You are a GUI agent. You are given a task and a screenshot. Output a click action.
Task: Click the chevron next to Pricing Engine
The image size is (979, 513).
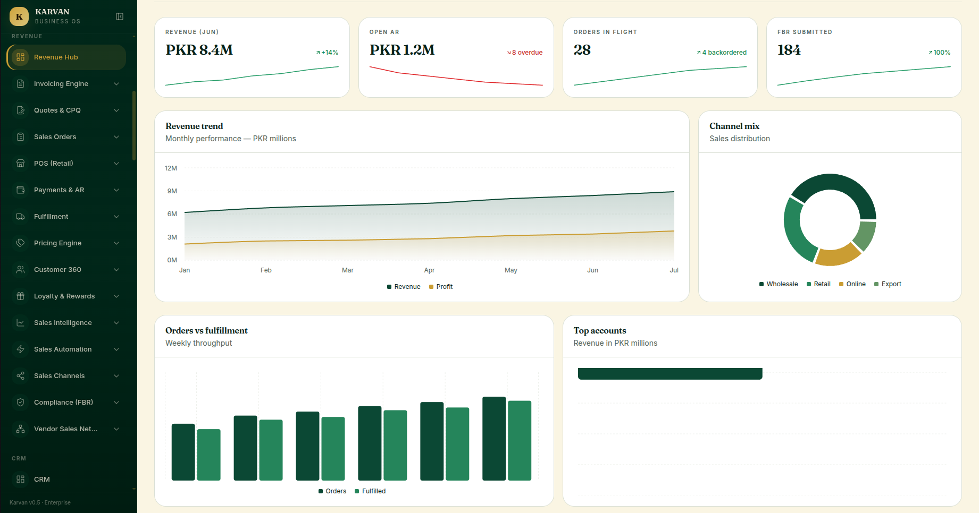coord(116,243)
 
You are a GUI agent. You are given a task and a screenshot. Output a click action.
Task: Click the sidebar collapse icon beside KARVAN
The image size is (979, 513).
coord(120,16)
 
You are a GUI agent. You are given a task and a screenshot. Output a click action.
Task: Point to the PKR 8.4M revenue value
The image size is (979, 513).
coord(199,50)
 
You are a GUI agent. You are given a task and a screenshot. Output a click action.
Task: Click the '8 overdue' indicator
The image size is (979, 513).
coord(525,53)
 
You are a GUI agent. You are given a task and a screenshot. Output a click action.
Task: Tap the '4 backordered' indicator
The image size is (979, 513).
coord(722,53)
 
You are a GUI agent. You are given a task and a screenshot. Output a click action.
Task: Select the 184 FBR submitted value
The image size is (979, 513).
coord(789,50)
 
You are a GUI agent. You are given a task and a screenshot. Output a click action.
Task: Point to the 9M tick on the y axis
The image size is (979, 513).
coord(172,191)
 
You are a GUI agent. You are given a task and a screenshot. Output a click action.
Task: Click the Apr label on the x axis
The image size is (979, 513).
coord(429,270)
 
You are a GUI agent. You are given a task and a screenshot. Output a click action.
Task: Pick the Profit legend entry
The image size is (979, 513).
coord(441,287)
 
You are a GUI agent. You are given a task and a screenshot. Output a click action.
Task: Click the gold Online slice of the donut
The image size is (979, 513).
coord(837,256)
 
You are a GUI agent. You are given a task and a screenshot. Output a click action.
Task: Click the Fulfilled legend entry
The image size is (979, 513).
coord(370,491)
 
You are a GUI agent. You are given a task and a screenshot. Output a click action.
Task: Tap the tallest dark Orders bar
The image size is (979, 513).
coord(494,439)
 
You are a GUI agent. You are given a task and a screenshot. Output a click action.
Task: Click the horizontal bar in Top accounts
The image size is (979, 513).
coord(670,374)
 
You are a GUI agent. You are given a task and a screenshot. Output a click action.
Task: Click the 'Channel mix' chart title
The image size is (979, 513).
coord(734,126)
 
